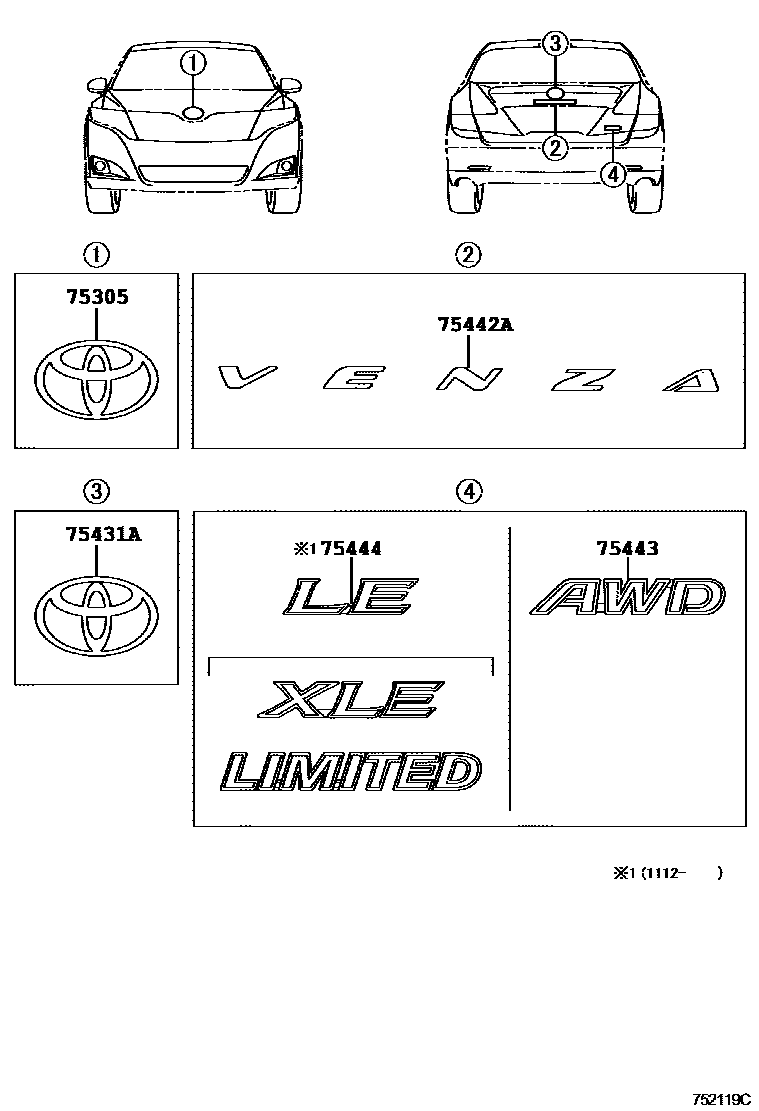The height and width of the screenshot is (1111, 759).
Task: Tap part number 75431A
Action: click(x=103, y=535)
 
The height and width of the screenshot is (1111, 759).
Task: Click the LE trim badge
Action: click(x=347, y=597)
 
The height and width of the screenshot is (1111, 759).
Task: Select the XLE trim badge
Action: click(x=348, y=698)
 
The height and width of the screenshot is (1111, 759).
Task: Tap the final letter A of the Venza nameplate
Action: click(x=691, y=380)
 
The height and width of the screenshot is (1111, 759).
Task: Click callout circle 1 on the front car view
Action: click(x=193, y=64)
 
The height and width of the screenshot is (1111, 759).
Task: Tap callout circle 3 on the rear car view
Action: click(x=556, y=43)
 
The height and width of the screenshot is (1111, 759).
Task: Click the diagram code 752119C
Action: click(x=723, y=1098)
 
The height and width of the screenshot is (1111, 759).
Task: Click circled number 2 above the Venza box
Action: click(x=468, y=254)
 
